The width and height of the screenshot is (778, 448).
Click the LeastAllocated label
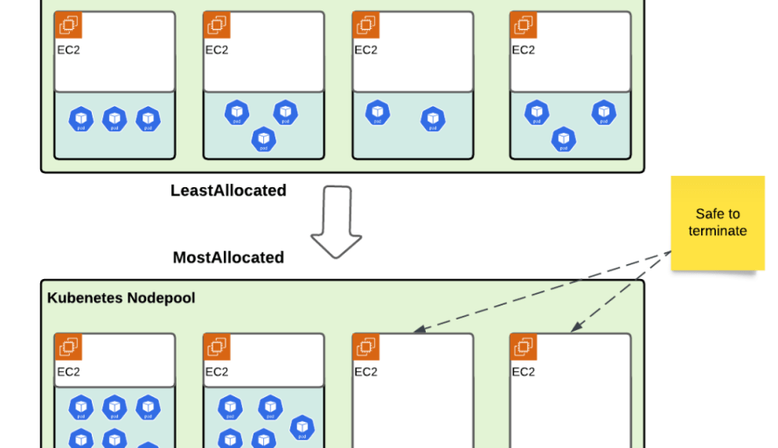pyautogui.click(x=228, y=190)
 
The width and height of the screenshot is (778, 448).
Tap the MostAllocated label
pyautogui.click(x=228, y=257)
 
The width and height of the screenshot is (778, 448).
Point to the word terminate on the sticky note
pyautogui.click(x=717, y=231)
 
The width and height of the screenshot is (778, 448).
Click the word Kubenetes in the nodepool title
pyautogui.click(x=86, y=298)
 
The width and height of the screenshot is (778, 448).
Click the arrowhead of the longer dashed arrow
pyautogui.click(x=418, y=331)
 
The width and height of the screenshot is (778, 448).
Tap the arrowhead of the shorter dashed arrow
pyautogui.click(x=575, y=330)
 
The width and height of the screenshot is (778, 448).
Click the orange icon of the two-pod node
pyautogui.click(x=366, y=25)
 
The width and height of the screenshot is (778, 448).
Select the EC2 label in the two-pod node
pyautogui.click(x=365, y=50)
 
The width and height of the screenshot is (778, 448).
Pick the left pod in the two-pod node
pyautogui.click(x=378, y=113)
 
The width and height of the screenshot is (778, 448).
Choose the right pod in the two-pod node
pyautogui.click(x=433, y=118)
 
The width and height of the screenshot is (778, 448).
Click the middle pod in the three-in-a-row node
pyautogui.click(x=115, y=118)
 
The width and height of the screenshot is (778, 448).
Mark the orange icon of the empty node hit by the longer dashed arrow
pyautogui.click(x=366, y=347)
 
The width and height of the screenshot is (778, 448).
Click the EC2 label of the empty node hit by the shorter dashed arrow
pyautogui.click(x=523, y=372)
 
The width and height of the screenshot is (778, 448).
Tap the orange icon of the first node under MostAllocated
pyautogui.click(x=68, y=347)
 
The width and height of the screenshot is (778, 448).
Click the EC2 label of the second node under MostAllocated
pyautogui.click(x=217, y=372)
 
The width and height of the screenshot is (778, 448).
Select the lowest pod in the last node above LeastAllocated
pyautogui.click(x=564, y=138)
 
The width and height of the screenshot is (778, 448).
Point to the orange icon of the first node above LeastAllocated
pyautogui.click(x=68, y=25)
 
